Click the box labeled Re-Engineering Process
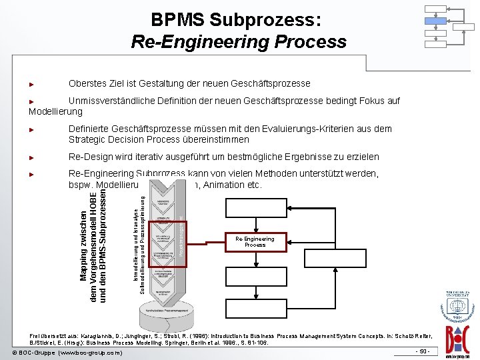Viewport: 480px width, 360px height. coord(255,241)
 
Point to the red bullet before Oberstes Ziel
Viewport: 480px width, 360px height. coord(31,85)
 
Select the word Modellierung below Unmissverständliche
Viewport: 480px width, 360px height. coord(56,112)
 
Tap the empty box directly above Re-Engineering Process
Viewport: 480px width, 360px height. coord(255,208)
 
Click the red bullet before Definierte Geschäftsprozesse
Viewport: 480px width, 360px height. coord(31,129)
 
